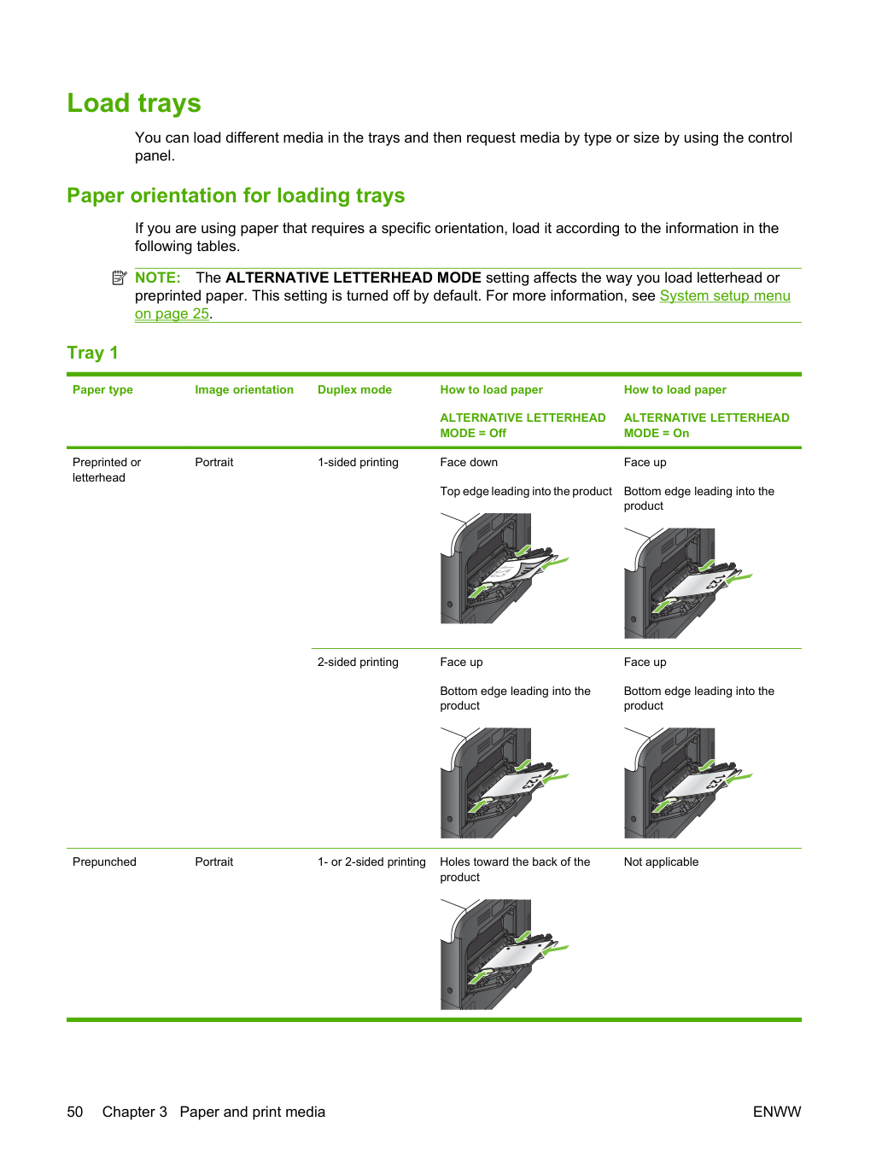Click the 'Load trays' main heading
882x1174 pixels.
pyautogui.click(x=134, y=103)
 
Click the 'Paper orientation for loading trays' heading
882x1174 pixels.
pyautogui.click(x=236, y=196)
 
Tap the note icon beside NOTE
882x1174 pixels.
pyautogui.click(x=120, y=277)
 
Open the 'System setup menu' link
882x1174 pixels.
pyautogui.click(x=725, y=295)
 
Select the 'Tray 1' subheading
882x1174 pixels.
pyautogui.click(x=92, y=353)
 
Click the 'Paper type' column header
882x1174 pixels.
pyautogui.click(x=102, y=390)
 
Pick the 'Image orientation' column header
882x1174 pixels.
pyautogui.click(x=244, y=390)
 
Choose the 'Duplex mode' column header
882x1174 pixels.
pyautogui.click(x=354, y=390)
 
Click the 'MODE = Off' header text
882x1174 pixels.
pyautogui.click(x=473, y=433)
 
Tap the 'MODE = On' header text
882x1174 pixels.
pyautogui.click(x=657, y=433)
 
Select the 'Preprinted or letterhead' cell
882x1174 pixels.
pyautogui.click(x=107, y=470)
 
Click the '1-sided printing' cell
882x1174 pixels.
pyautogui.click(x=358, y=462)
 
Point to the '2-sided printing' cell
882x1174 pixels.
pyautogui.click(x=358, y=663)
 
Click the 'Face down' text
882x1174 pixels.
pyautogui.click(x=469, y=462)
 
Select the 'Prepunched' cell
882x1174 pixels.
pyautogui.click(x=104, y=862)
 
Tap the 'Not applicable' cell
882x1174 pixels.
pyautogui.click(x=661, y=862)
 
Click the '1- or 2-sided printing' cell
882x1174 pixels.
pyautogui.click(x=371, y=862)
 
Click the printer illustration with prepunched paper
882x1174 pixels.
pyautogui.click(x=505, y=955)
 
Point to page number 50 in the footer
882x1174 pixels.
pyautogui.click(x=75, y=1112)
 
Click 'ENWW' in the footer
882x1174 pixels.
pyautogui.click(x=777, y=1112)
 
